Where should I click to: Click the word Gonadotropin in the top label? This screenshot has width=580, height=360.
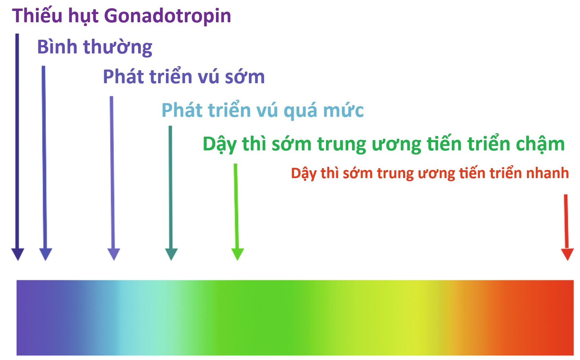coord(168,16)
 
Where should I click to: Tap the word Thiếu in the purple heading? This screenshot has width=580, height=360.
coord(37,15)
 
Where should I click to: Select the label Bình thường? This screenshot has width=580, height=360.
coord(95,47)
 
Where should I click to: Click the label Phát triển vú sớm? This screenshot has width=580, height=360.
coord(184,76)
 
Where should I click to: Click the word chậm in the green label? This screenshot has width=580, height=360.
coord(540,145)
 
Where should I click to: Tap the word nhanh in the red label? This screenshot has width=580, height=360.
coord(547,173)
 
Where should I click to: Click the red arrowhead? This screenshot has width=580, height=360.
coord(567,254)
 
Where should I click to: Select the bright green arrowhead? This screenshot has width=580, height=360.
coord(238,254)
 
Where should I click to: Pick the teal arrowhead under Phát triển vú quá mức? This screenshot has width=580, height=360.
coord(171,254)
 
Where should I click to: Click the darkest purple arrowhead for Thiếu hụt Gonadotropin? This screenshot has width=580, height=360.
coord(17,254)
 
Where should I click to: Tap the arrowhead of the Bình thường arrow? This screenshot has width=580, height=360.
coord(46,254)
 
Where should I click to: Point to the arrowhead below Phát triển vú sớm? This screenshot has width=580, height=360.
coord(114,254)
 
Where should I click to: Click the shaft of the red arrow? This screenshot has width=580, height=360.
coord(566,221)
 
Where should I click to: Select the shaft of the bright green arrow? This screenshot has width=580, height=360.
coord(237,206)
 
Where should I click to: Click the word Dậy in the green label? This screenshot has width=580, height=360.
coord(219,145)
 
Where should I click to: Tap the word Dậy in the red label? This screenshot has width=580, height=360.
coord(304,173)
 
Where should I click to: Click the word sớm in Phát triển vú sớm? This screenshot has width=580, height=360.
coord(245,77)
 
